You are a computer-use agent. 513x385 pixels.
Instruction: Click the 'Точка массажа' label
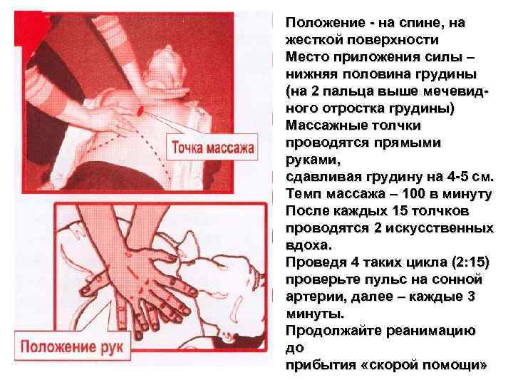point(212,150)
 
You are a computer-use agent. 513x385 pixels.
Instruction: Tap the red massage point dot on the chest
point(141,110)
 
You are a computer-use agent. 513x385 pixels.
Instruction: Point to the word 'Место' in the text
point(304,57)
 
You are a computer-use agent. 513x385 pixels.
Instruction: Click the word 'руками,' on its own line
point(310,160)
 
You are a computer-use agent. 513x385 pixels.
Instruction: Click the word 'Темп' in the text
point(302,194)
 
